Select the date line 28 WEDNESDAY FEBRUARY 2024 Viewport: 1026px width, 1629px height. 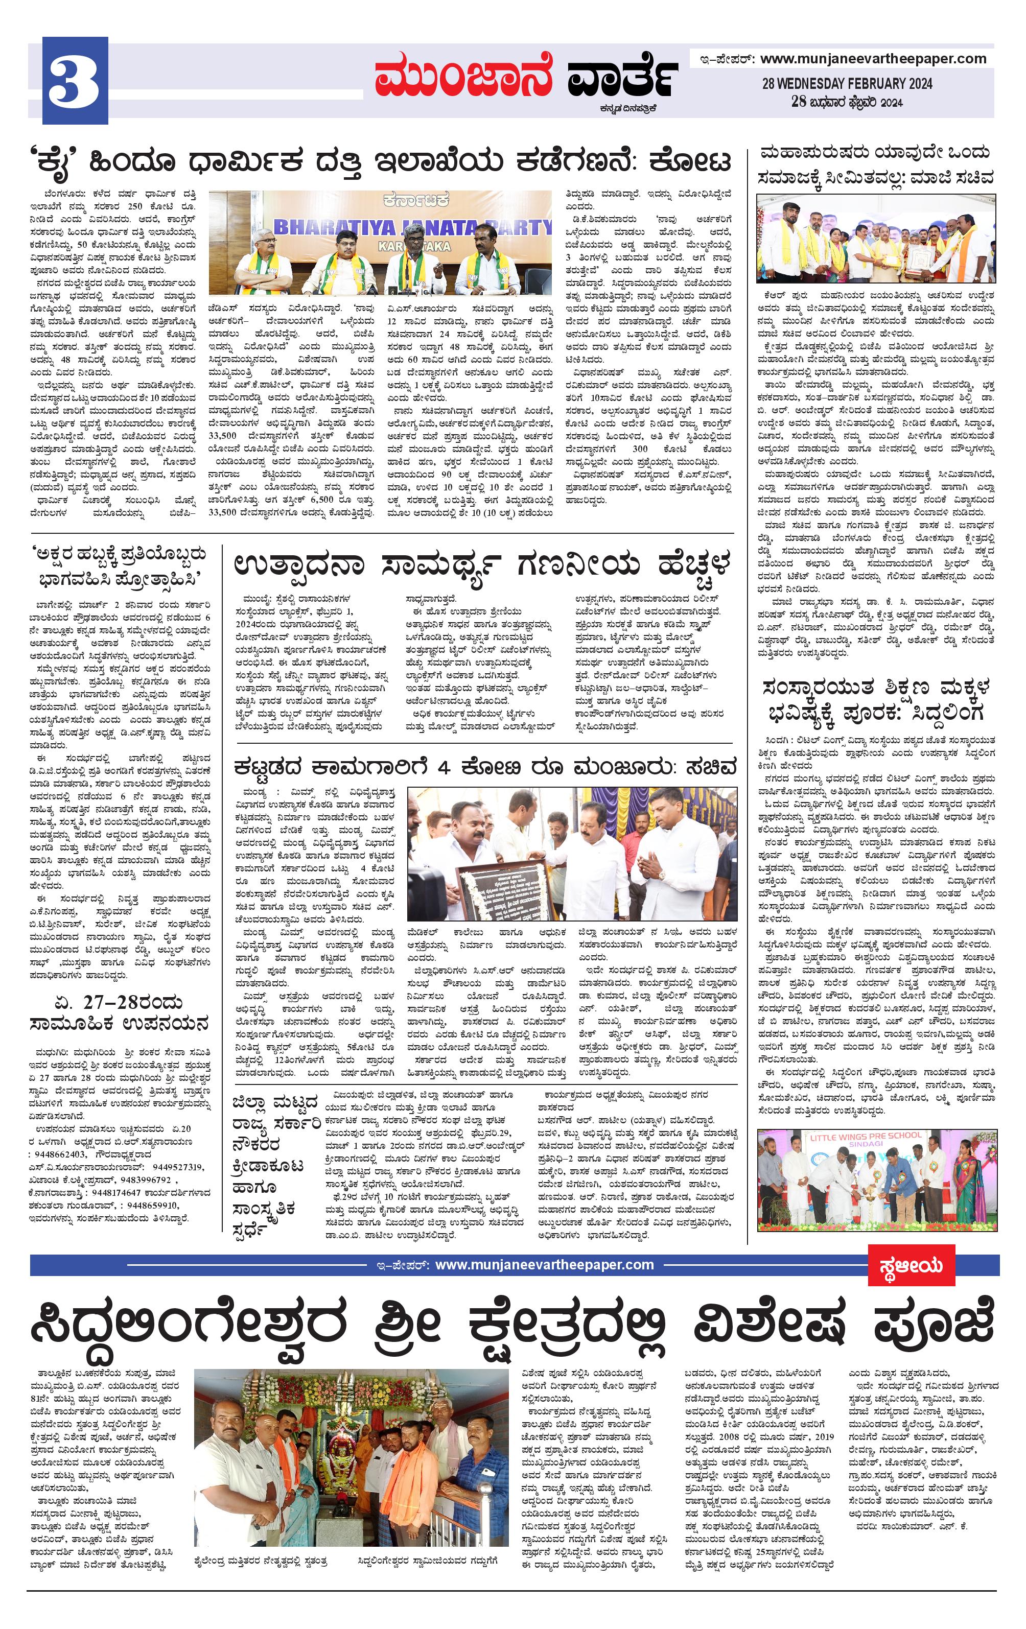(x=847, y=84)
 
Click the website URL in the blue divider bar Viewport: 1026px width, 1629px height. (x=544, y=1264)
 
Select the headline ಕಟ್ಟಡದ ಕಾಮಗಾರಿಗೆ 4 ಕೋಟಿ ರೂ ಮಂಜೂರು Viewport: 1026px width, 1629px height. (x=484, y=767)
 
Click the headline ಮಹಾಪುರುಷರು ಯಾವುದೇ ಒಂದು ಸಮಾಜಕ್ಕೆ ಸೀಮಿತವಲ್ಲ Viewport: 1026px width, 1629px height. (x=876, y=165)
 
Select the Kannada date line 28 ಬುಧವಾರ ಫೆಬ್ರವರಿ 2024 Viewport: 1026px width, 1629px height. (x=847, y=102)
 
